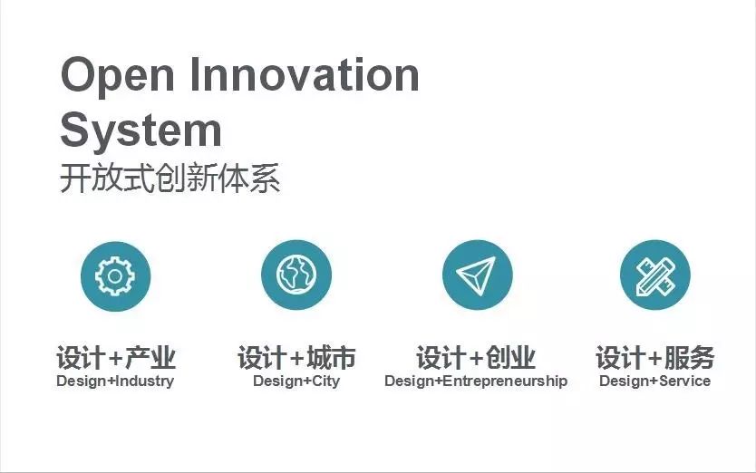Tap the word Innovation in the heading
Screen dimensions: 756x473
point(305,74)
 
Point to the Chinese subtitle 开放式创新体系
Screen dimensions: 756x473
point(170,178)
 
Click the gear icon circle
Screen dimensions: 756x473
point(116,276)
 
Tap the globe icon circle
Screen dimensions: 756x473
point(296,275)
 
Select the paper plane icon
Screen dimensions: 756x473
point(478,275)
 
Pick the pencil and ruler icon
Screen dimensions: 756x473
point(655,275)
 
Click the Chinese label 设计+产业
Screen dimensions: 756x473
point(116,358)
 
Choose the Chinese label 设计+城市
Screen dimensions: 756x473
point(296,358)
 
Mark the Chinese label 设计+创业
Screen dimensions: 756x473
point(476,358)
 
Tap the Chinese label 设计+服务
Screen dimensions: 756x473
point(654,358)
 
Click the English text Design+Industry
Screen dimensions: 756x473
point(115,381)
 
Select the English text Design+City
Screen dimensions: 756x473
point(296,381)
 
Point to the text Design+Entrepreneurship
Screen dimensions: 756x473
point(476,381)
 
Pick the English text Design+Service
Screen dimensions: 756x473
point(654,381)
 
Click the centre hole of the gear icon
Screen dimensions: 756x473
point(115,276)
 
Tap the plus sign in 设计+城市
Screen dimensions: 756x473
point(298,358)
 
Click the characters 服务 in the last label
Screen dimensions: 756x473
point(690,358)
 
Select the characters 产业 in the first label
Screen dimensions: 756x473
point(150,358)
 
